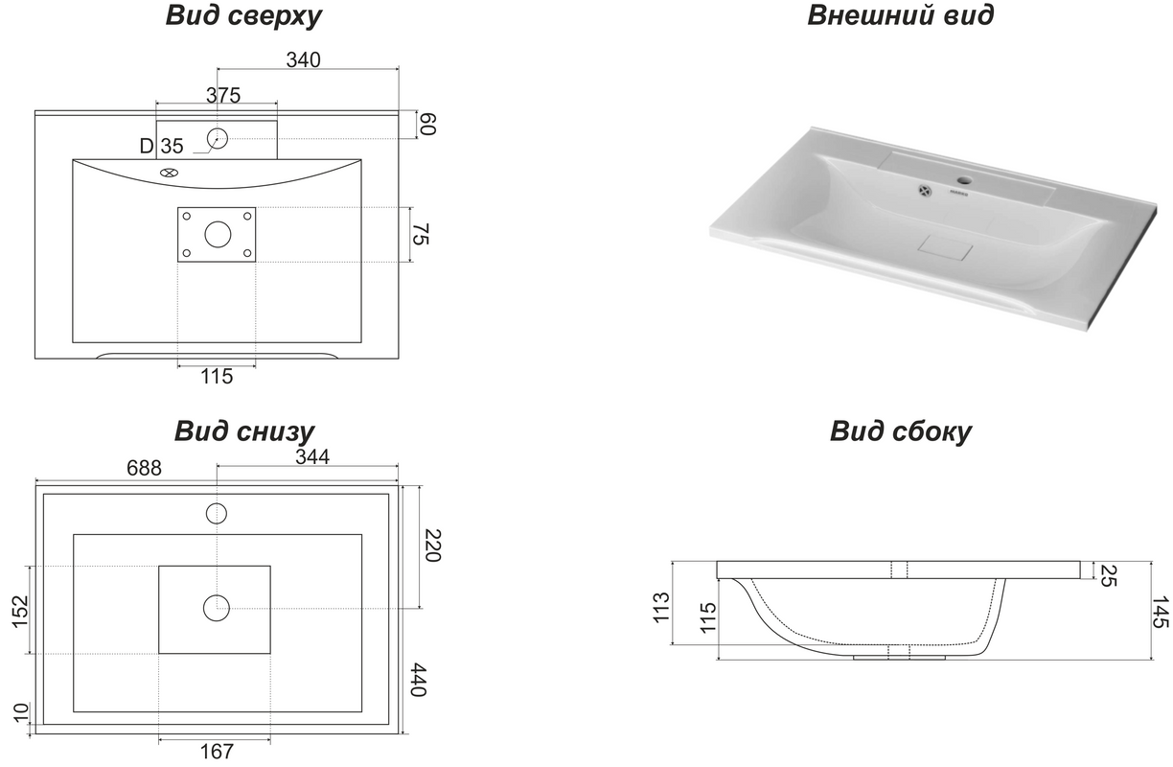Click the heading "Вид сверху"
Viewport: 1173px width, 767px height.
243,16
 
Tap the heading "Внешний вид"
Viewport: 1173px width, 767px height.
900,14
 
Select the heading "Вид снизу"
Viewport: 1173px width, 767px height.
244,431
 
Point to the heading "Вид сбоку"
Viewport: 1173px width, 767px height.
900,431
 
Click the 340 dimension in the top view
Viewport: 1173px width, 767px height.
303,60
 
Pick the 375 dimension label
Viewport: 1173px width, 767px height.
223,95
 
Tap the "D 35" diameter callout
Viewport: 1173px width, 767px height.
161,146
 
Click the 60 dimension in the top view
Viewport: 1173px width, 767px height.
427,125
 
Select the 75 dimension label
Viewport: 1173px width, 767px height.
420,234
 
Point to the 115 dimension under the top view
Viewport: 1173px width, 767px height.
217,376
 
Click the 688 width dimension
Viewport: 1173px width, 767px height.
144,468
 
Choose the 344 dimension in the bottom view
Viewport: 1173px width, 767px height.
312,457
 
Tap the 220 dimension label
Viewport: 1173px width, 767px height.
432,546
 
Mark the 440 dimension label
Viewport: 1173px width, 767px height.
418,680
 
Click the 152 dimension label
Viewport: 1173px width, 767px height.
20,611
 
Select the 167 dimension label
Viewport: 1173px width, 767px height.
217,752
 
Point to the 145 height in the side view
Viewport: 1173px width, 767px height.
1161,612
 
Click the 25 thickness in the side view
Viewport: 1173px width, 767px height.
1108,576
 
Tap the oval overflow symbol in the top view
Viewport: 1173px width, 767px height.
169,173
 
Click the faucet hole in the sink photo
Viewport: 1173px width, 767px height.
964,181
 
